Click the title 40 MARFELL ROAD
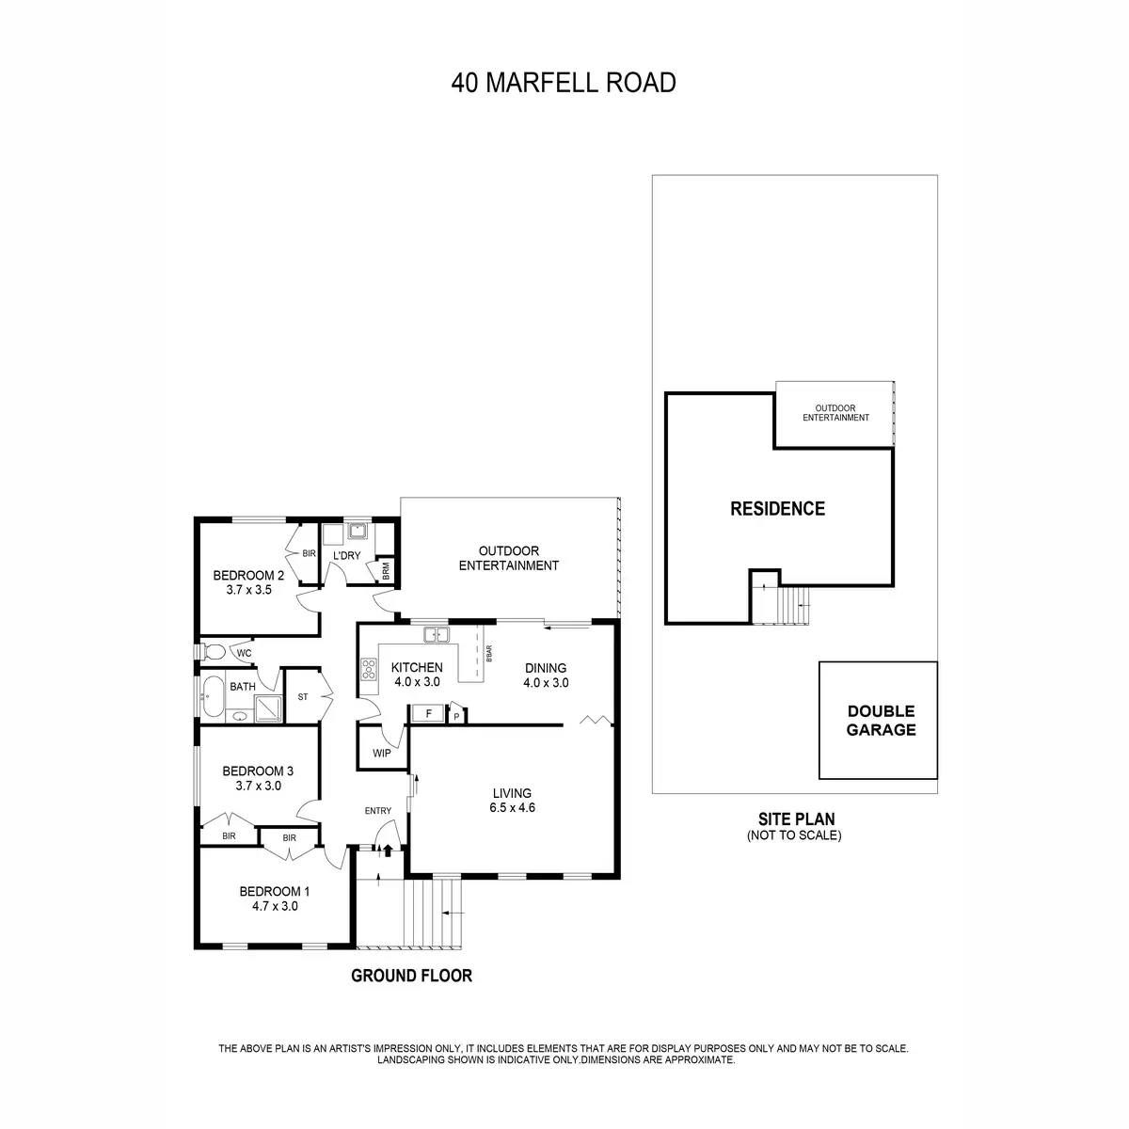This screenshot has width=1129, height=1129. [x=564, y=83]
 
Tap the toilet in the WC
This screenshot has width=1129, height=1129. [x=213, y=651]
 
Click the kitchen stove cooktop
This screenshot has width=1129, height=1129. [x=368, y=670]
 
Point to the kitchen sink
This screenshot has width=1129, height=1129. [x=436, y=635]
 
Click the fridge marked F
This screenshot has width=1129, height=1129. [x=428, y=714]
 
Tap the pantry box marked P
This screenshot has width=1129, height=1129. [x=456, y=715]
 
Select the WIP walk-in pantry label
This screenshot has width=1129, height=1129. [x=382, y=753]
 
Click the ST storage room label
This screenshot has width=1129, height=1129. [x=303, y=697]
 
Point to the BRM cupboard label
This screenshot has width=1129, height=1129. [x=386, y=571]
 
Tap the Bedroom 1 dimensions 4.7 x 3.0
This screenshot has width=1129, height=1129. [x=274, y=907]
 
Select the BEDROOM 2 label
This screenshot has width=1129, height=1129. [x=248, y=576]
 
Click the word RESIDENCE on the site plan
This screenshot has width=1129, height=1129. [x=778, y=509]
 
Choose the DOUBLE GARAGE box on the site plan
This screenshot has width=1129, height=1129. [x=879, y=721]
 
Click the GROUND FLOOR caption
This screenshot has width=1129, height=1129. [x=411, y=976]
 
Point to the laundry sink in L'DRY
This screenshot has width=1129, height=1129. [x=357, y=532]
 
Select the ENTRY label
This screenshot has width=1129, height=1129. [x=378, y=811]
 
